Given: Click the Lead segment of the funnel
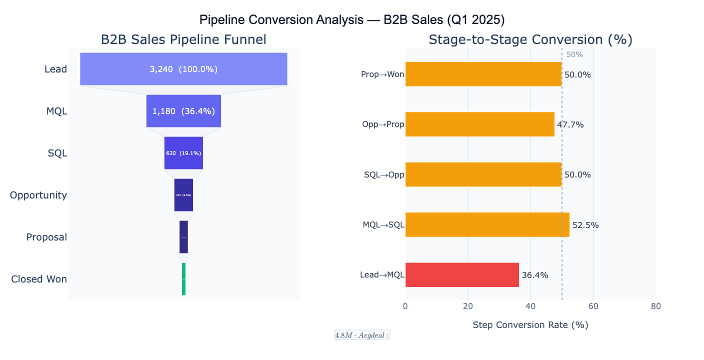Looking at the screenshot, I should point(183,69).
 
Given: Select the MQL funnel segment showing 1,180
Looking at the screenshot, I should point(183,111).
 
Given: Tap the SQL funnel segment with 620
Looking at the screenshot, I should point(183,153).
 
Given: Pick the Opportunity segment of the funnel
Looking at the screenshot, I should point(183,195).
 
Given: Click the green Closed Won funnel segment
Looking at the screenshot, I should point(183,279).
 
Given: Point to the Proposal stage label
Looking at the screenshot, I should point(46,237).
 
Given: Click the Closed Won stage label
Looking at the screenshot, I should point(39,279).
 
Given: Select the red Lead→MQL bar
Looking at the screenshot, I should point(462,275).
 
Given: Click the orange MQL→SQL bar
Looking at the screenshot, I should point(487,225).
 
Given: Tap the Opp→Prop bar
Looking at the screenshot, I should point(479,124).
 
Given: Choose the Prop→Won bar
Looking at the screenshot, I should point(483,74).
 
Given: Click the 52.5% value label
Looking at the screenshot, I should point(585,225).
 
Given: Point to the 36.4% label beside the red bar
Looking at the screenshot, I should point(535,275).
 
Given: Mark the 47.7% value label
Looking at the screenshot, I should point(570,125).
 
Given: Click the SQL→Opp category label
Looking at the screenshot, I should point(384,175).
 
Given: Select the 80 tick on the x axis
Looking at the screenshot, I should point(656,306).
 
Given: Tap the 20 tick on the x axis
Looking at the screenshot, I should point(468,306).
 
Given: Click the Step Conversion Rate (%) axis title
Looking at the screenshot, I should point(530,325).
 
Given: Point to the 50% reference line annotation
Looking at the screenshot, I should point(574,54).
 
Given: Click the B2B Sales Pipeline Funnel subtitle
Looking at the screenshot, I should point(183,40).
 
